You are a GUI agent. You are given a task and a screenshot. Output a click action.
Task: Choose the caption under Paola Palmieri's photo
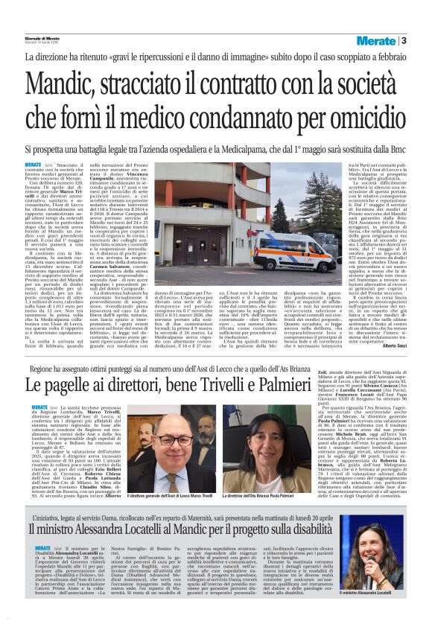[276, 494]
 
